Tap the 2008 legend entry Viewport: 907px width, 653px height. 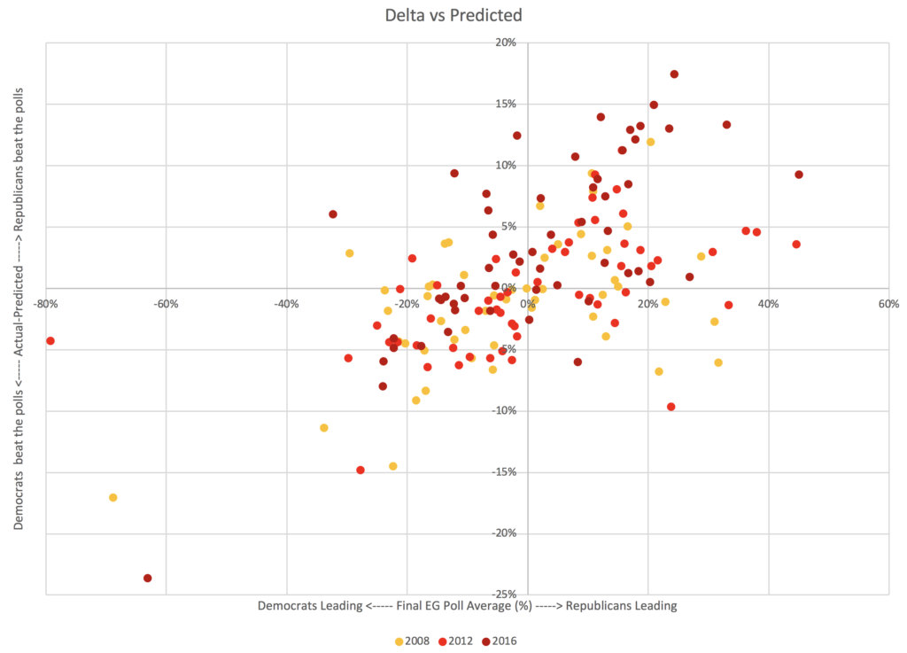click(414, 641)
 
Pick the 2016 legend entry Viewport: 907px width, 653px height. click(497, 641)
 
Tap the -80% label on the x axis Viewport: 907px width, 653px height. click(46, 304)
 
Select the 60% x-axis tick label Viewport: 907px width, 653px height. click(888, 304)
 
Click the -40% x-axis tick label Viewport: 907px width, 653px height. click(286, 304)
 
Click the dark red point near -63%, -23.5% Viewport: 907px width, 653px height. click(148, 578)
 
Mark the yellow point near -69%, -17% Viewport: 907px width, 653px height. click(112, 497)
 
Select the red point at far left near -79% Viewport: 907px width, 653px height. click(50, 340)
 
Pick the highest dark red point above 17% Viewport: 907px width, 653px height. click(674, 74)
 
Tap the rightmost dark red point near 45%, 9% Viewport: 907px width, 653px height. click(799, 175)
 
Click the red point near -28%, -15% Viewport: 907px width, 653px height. click(360, 470)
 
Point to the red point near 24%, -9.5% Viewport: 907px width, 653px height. click(671, 407)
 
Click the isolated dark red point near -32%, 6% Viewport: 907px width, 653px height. click(333, 214)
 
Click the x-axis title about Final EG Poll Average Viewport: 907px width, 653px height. click(468, 606)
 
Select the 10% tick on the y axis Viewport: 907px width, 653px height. click(506, 165)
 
